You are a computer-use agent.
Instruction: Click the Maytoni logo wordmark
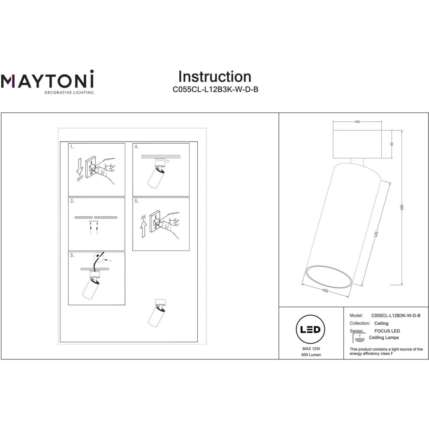47,81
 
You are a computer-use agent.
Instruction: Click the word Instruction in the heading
214,77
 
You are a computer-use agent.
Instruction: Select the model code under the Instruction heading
215,90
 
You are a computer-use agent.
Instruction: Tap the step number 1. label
72,147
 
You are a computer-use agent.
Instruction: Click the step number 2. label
72,201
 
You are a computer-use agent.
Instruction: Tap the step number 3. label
72,255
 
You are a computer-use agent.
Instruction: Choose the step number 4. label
137,147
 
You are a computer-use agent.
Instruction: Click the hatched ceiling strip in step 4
161,156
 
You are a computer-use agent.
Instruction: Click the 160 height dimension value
402,207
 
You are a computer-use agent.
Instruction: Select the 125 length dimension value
376,235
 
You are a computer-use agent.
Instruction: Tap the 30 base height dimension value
392,145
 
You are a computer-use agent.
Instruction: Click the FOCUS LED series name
387,331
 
